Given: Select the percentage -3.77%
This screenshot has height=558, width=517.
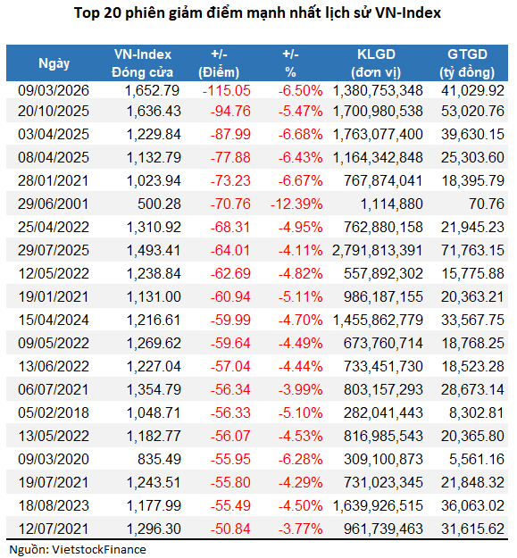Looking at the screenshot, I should click(x=300, y=527).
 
